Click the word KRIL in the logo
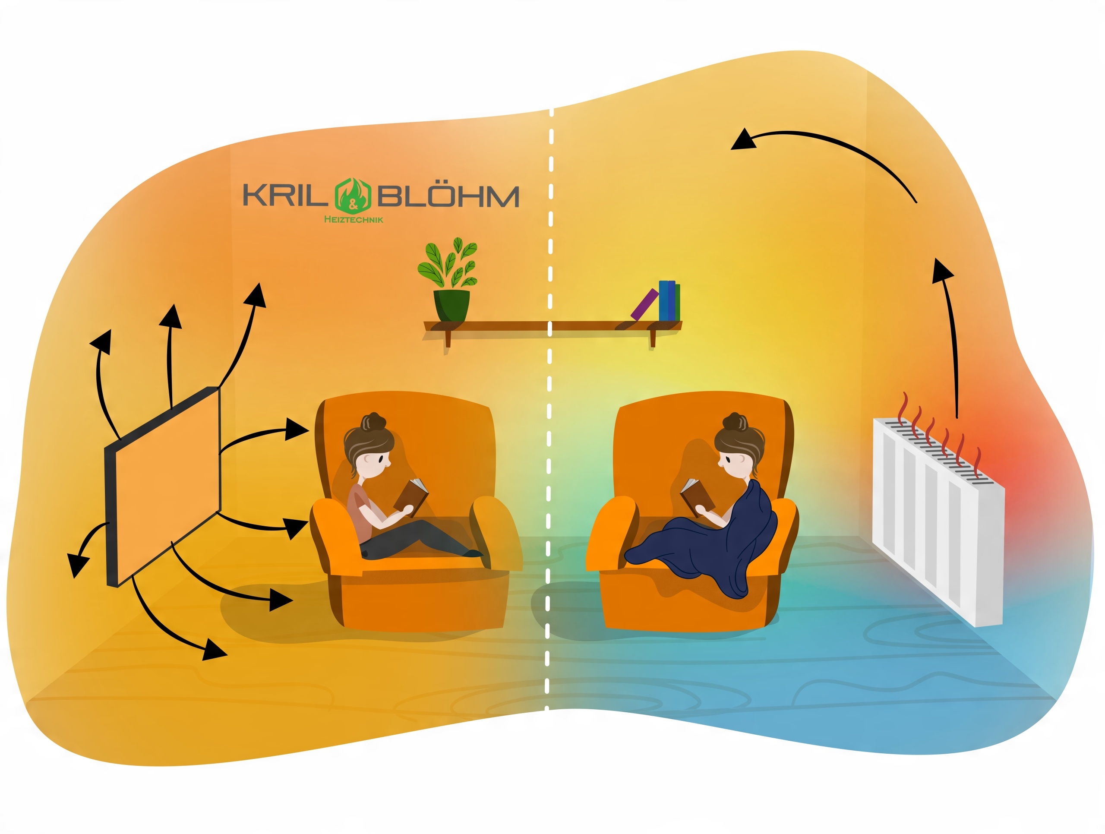[283, 196]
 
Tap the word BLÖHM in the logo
[448, 196]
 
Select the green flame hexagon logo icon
[353, 195]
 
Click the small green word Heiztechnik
[354, 219]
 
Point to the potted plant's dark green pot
[451, 305]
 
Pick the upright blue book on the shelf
[664, 300]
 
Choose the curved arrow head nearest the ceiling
[743, 140]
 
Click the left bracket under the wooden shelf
[448, 338]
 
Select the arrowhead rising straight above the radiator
[942, 272]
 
